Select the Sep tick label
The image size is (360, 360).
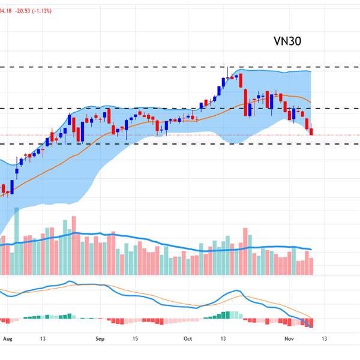[x=100, y=338]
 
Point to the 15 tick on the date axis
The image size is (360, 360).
[x=136, y=338]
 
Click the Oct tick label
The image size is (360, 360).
[x=188, y=338]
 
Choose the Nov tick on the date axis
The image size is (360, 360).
[x=289, y=338]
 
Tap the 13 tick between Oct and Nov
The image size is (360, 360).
[x=223, y=338]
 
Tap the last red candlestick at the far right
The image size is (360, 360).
[x=311, y=131]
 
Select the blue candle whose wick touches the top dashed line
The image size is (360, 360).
[x=227, y=77]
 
